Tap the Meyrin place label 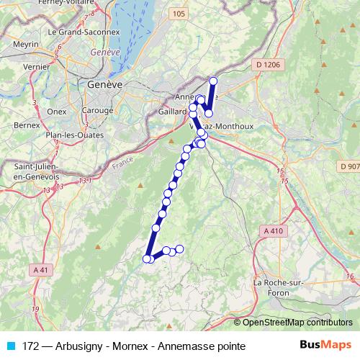pyautogui.click(x=25, y=45)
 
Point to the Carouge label pyautogui.click(x=98, y=110)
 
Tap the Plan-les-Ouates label pyautogui.click(x=74, y=135)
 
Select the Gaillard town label pyautogui.click(x=171, y=112)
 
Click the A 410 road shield pyautogui.click(x=274, y=231)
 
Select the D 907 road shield pyautogui.click(x=348, y=166)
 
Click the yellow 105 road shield pyautogui.click(x=179, y=14)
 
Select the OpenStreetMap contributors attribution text pyautogui.click(x=297, y=322)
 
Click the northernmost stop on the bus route pyautogui.click(x=213, y=81)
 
